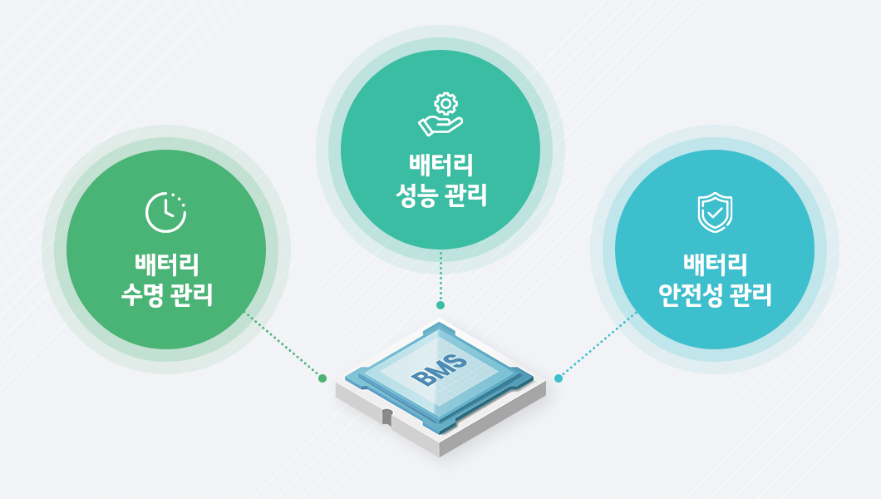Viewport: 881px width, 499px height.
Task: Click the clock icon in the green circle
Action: [x=165, y=212]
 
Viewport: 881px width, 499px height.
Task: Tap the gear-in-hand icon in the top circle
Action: [x=440, y=114]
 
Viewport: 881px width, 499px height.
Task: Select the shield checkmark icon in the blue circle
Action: [x=715, y=212]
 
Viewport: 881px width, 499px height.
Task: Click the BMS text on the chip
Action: [x=440, y=371]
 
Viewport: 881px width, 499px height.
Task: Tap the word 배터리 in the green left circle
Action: [x=167, y=264]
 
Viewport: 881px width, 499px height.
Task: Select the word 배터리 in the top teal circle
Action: [x=441, y=166]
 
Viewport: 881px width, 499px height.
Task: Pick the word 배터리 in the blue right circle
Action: [x=716, y=264]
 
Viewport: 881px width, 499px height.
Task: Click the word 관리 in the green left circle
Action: [x=192, y=294]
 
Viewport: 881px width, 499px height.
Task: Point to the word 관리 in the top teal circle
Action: [x=465, y=195]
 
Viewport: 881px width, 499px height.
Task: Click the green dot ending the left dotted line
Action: [x=322, y=378]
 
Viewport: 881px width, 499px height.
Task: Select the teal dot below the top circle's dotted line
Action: [x=440, y=305]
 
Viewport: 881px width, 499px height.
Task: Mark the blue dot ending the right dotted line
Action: [x=558, y=378]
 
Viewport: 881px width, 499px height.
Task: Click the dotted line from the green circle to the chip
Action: [x=283, y=344]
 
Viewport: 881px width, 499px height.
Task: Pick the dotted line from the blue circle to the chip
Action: [x=598, y=344]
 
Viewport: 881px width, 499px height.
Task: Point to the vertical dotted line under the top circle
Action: [x=440, y=276]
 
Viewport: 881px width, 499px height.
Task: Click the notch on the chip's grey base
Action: [x=387, y=417]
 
